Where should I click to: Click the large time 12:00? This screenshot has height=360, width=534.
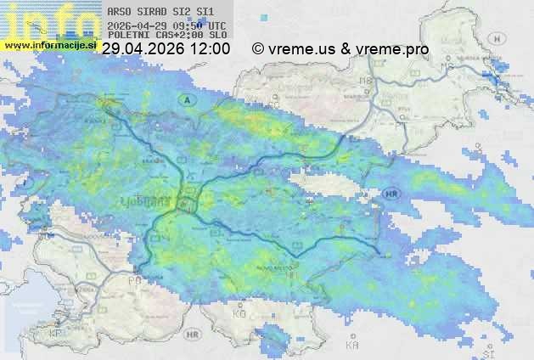click(208, 49)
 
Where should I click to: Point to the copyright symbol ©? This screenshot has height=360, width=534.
click(258, 49)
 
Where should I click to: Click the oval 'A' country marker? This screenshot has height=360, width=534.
click(184, 100)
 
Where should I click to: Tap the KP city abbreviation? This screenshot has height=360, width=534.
click(56, 334)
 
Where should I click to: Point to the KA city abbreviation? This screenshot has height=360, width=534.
click(351, 346)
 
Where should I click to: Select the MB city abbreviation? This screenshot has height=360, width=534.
click(444, 67)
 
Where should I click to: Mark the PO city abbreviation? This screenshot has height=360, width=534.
click(133, 279)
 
